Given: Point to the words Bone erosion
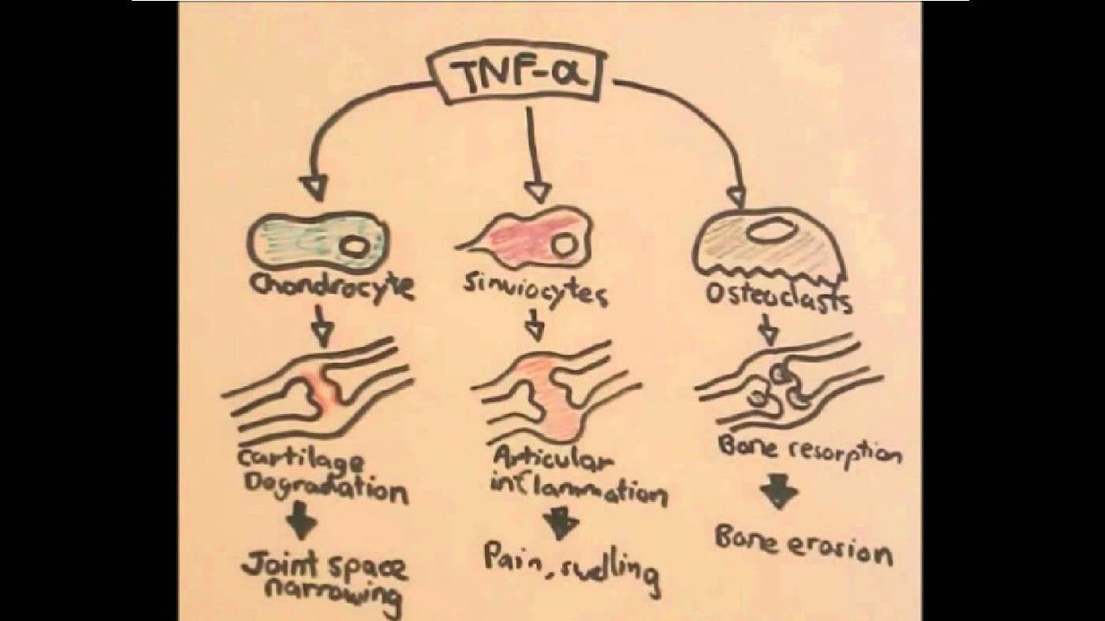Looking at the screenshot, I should tap(802, 545).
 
